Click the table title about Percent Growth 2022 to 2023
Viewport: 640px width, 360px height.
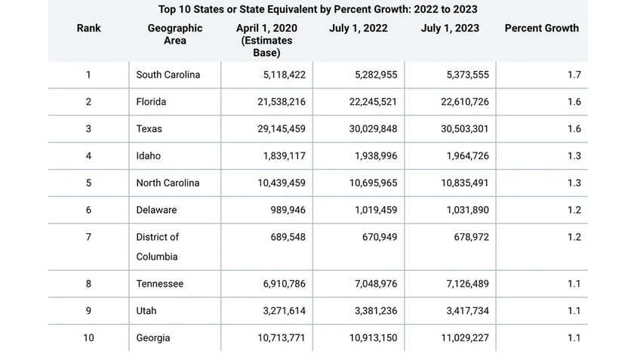click(x=318, y=10)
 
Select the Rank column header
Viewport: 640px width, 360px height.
click(x=88, y=29)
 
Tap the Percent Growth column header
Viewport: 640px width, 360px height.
click(x=541, y=29)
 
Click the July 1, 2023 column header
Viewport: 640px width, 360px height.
click(x=451, y=29)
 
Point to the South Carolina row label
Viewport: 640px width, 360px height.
click(x=168, y=75)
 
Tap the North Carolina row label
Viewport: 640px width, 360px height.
click(x=168, y=183)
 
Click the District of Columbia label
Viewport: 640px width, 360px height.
click(x=158, y=247)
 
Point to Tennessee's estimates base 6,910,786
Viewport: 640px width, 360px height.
click(x=279, y=285)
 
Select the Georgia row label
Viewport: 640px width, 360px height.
click(x=152, y=338)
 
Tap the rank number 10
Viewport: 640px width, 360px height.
click(x=88, y=338)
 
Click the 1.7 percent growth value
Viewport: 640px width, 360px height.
click(x=574, y=75)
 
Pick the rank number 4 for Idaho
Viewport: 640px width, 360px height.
click(x=88, y=156)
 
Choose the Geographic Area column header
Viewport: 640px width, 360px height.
click(x=175, y=35)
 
